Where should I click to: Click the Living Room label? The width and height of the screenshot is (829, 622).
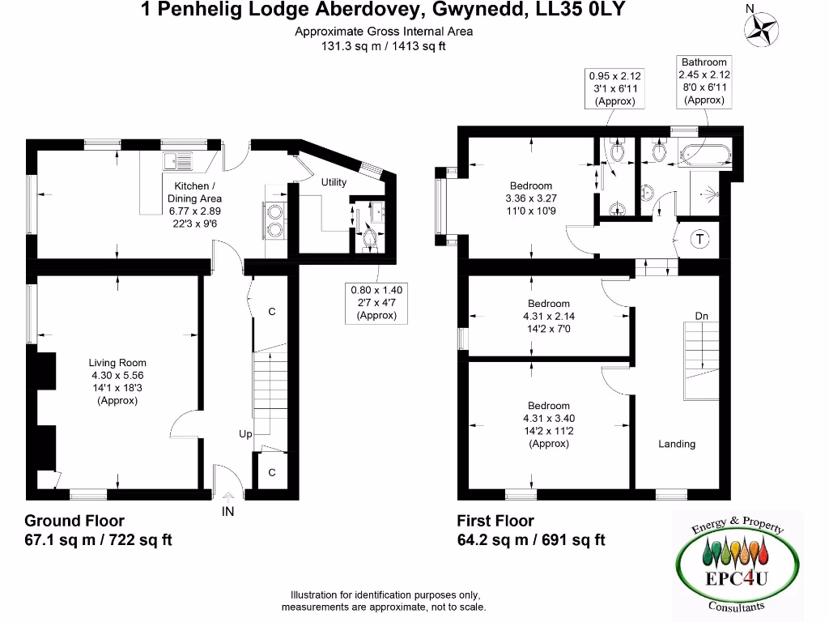(117, 363)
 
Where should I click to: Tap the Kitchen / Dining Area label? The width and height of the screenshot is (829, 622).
(194, 193)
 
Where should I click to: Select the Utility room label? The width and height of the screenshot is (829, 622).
(334, 182)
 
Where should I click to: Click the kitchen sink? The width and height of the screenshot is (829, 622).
(177, 161)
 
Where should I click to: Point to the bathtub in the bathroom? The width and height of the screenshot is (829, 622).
(705, 155)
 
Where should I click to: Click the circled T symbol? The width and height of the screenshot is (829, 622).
(700, 239)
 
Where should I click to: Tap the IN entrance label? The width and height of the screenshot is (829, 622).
(227, 512)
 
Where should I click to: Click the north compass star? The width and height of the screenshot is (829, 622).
(761, 29)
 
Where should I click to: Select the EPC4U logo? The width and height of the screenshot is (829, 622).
(737, 564)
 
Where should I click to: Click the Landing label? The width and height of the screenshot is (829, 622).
(677, 444)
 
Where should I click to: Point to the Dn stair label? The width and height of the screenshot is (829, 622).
(702, 316)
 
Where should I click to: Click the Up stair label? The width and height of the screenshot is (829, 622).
(245, 434)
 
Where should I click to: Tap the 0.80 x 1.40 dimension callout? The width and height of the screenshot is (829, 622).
(376, 303)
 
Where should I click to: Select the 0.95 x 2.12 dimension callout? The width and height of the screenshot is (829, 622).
(614, 88)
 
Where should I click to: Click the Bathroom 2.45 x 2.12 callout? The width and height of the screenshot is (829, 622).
(704, 81)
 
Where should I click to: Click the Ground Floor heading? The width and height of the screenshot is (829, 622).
(74, 521)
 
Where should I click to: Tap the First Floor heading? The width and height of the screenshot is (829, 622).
(495, 521)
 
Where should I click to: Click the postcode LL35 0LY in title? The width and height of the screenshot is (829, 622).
(580, 9)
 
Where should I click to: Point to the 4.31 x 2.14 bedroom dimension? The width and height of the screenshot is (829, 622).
(549, 317)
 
